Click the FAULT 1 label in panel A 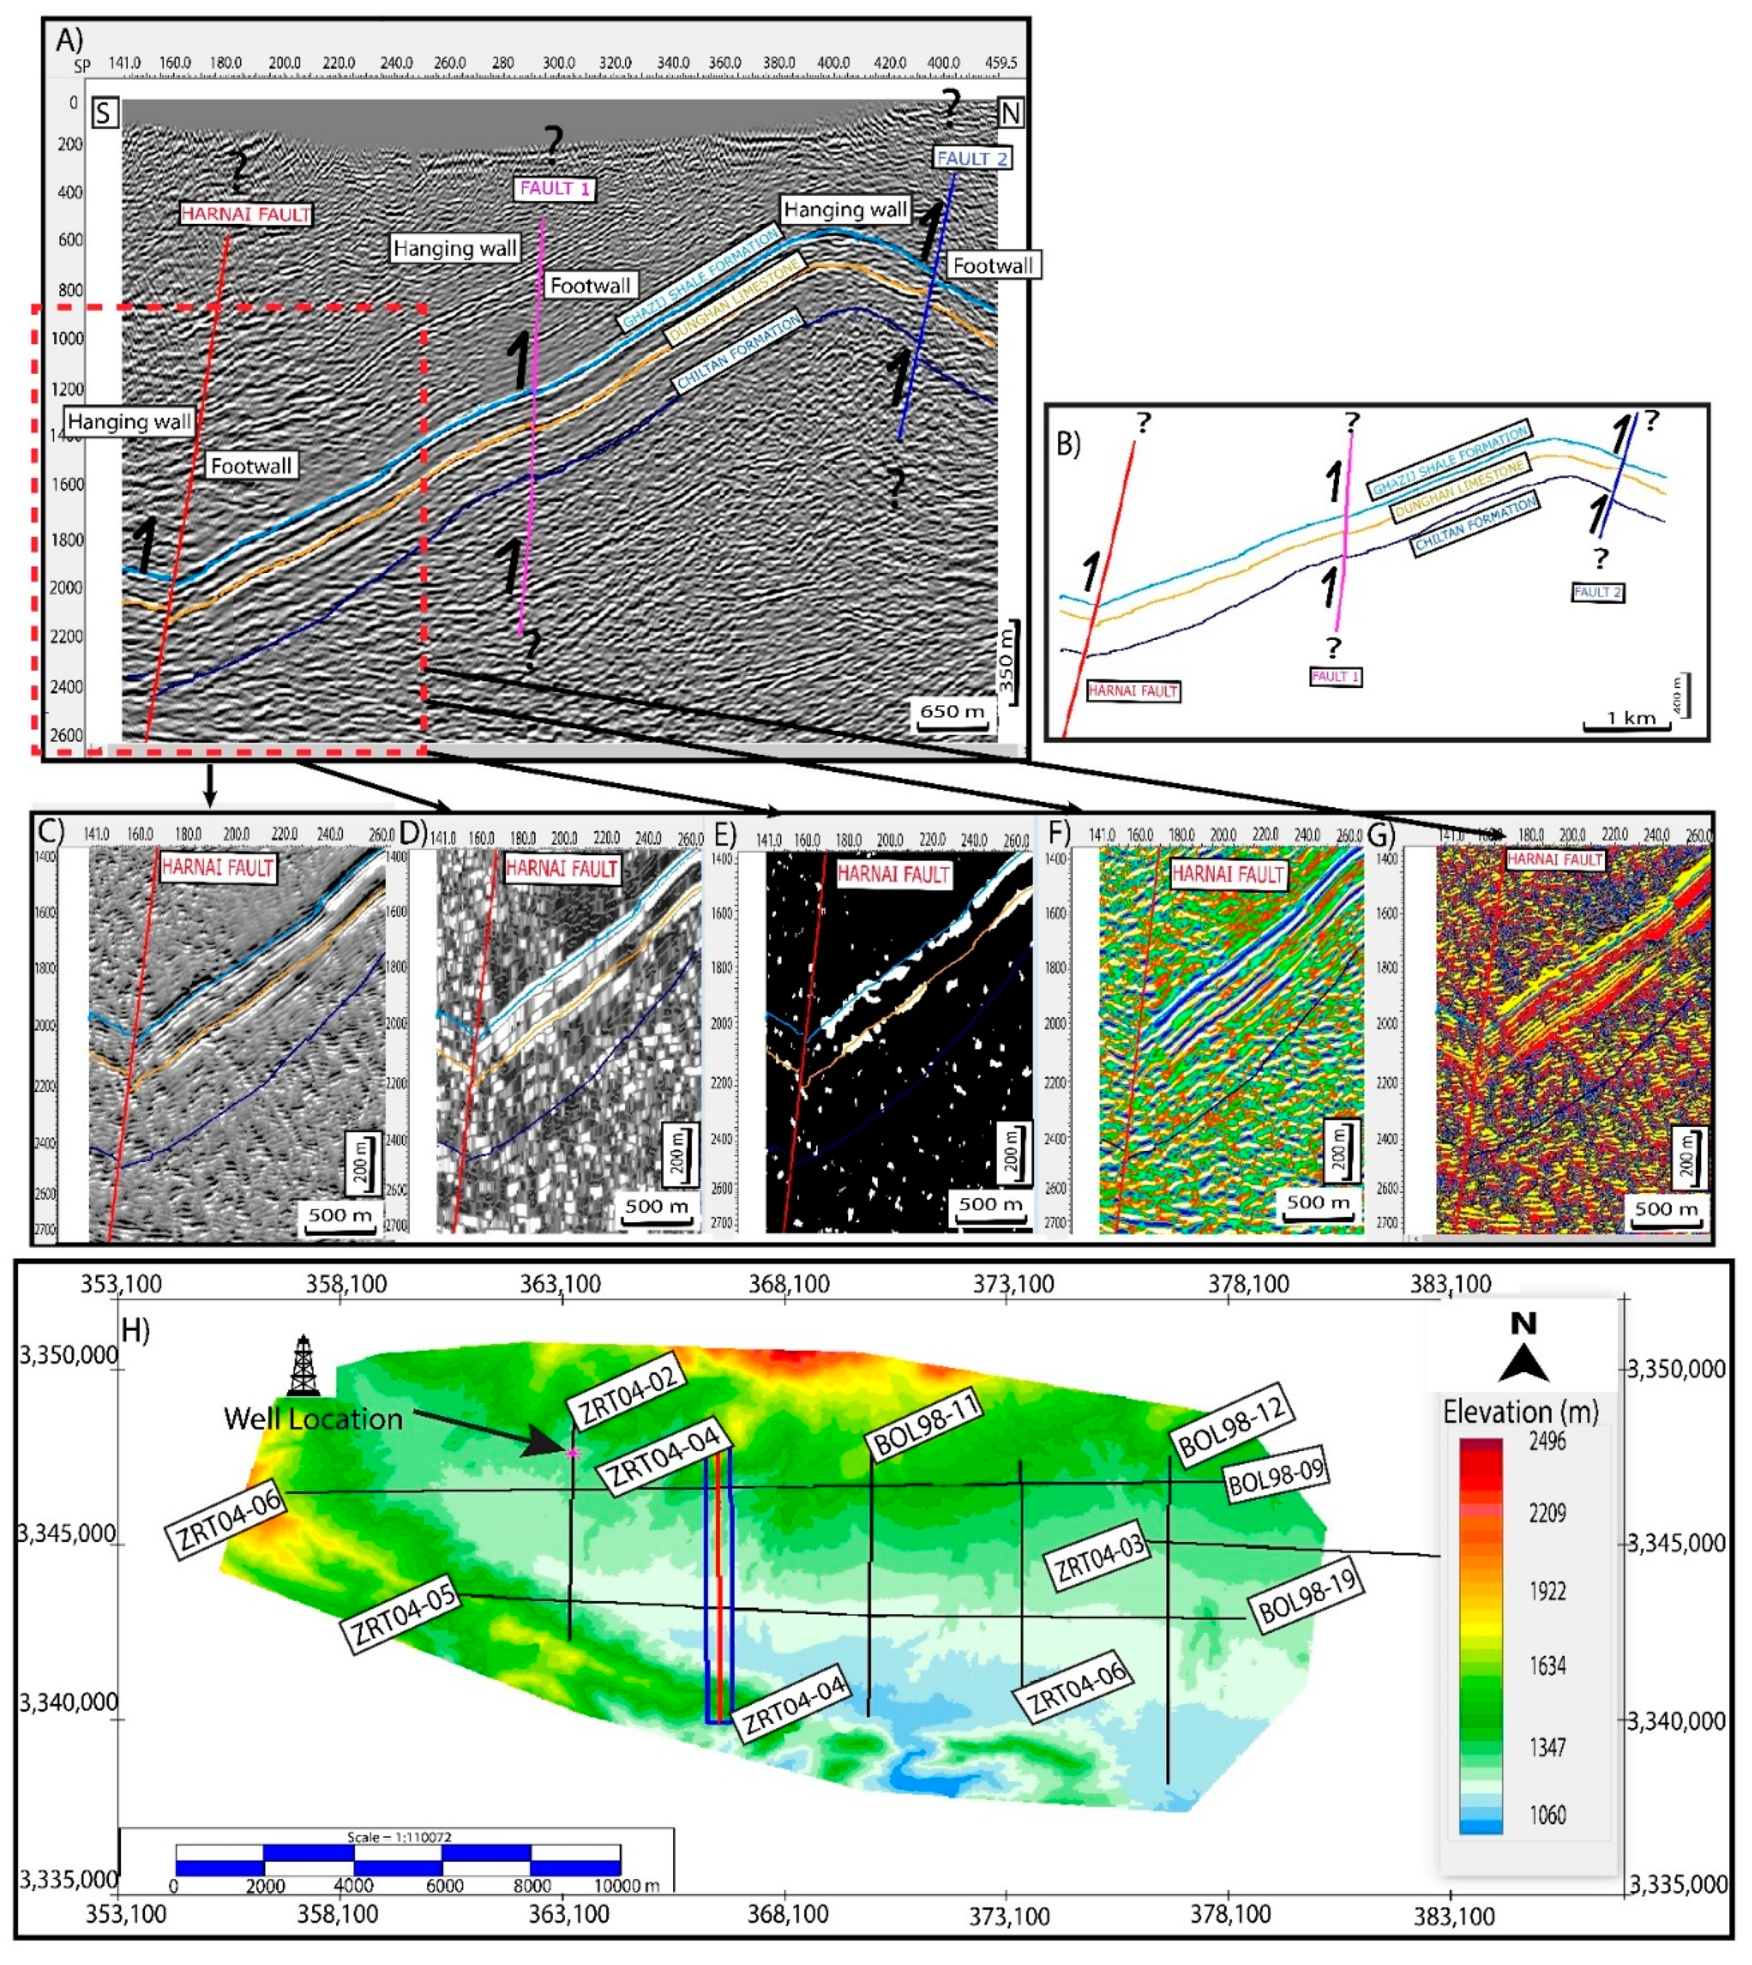(x=554, y=189)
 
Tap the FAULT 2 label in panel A (x=971, y=158)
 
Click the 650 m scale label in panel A (x=952, y=711)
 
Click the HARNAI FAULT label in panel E (x=893, y=874)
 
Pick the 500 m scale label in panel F (x=1319, y=1203)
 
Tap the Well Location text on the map (x=313, y=1418)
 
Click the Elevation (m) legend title (x=1520, y=1412)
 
